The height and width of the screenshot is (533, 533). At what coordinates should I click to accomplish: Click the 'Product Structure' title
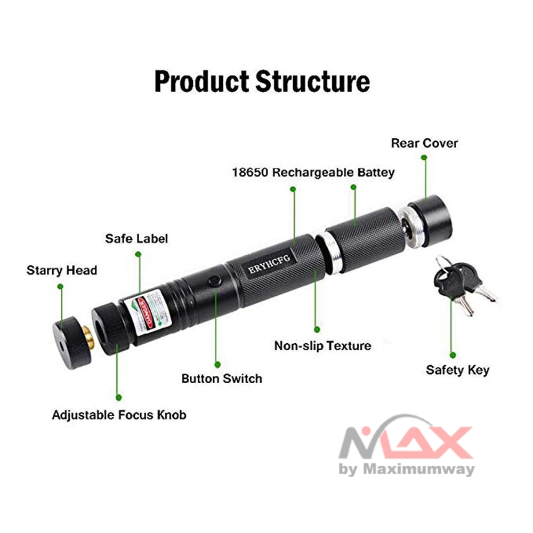click(262, 82)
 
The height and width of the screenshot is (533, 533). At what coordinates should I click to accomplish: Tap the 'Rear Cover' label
click(424, 143)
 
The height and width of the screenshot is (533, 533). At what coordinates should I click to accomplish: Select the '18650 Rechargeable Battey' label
click(313, 173)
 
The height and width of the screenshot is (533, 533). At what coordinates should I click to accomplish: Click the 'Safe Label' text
click(136, 238)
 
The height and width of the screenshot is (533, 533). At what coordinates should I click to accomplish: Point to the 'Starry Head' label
click(62, 271)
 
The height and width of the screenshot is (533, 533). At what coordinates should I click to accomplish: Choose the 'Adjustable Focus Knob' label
click(119, 415)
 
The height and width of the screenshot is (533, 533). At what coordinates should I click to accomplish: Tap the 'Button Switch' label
click(222, 379)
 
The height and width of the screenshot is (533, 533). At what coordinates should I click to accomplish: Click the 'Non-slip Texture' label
click(322, 346)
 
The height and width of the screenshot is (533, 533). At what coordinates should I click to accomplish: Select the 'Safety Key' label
click(457, 370)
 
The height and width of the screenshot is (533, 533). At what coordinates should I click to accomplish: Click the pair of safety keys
click(462, 282)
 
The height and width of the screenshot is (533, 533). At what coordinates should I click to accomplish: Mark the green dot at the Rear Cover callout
click(424, 157)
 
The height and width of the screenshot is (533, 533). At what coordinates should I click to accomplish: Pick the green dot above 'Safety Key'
click(453, 354)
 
